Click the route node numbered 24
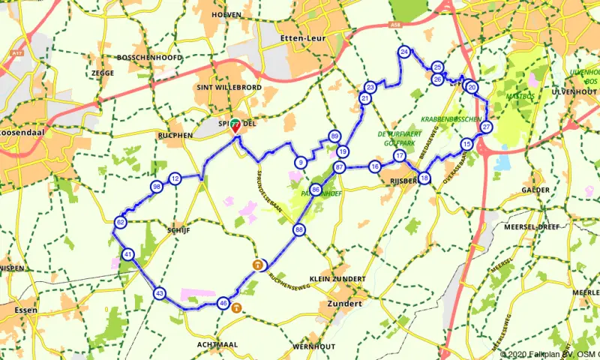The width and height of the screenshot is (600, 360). click(404, 52)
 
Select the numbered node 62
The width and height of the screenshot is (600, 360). click(121, 222)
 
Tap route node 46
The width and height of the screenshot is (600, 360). click(223, 303)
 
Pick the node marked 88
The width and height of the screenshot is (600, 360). click(299, 229)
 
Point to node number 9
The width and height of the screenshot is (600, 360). click(300, 162)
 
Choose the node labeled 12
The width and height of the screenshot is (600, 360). click(175, 178)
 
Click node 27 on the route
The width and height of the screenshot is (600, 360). click(487, 127)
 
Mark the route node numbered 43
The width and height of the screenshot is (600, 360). click(159, 293)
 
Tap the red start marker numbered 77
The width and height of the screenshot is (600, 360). click(235, 124)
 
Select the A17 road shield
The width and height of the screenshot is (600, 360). click(19, 55)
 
